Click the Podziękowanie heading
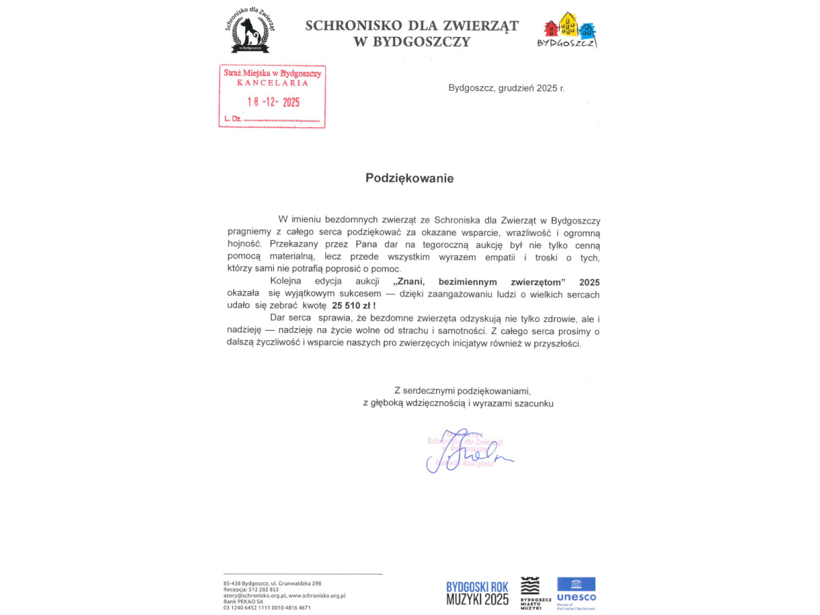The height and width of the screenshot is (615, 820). [409, 178]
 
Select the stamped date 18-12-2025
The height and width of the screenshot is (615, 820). [273, 102]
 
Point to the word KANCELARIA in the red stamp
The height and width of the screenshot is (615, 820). [273, 83]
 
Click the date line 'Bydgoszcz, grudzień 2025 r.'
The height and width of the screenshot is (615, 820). [506, 88]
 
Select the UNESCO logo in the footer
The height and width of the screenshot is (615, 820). [575, 592]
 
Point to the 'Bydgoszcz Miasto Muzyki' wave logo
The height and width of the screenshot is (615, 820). [531, 592]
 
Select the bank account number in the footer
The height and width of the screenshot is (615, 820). [266, 607]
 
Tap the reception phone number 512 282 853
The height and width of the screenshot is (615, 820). [264, 589]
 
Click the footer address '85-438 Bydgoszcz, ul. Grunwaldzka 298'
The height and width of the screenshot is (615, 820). [272, 583]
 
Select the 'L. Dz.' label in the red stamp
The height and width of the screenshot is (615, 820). [232, 119]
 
